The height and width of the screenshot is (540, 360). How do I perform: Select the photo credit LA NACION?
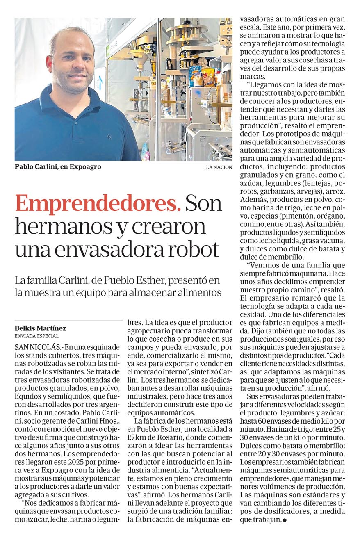point(219,167)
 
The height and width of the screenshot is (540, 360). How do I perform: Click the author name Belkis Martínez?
point(40,328)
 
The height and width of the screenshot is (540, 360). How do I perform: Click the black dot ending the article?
point(284,520)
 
